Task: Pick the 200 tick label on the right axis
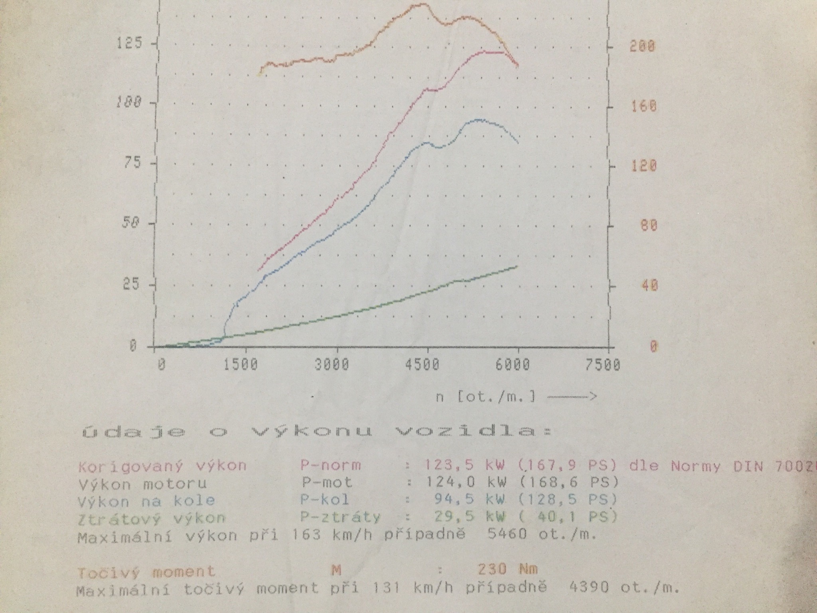pos(642,46)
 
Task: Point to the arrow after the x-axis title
pos(572,396)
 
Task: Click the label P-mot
pos(327,482)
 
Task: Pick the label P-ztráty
pos(340,517)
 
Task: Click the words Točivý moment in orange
pos(146,572)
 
